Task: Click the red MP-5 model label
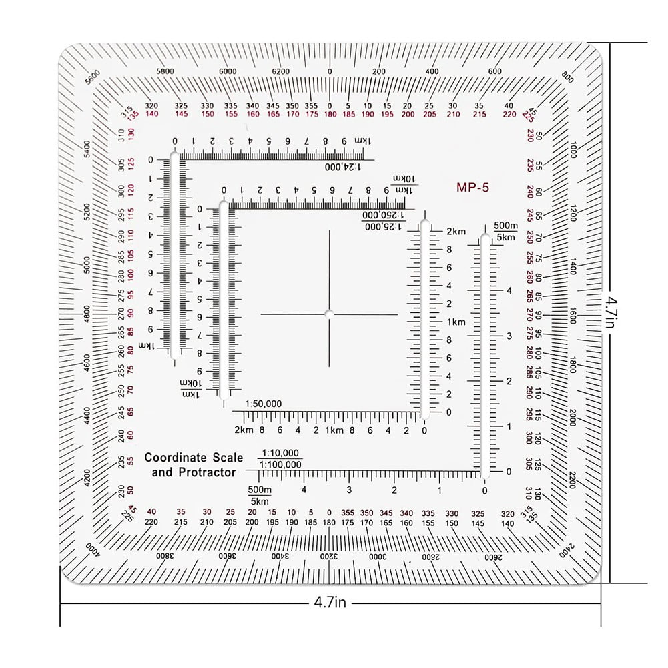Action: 472,188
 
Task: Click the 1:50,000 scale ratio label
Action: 264,404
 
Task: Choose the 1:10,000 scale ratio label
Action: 280,452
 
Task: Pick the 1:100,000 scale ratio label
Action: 280,464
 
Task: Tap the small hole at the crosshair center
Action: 329,314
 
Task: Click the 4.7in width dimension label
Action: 330,603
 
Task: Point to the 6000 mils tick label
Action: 228,71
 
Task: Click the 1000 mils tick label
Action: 573,150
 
